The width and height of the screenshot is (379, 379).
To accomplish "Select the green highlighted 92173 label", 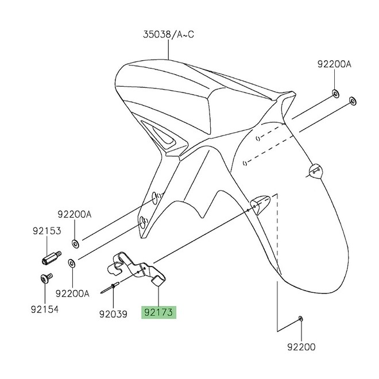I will pyautogui.click(x=160, y=312).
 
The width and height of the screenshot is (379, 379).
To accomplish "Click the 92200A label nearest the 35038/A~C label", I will pyautogui.click(x=334, y=65).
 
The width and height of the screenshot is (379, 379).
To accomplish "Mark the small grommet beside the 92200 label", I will pyautogui.click(x=301, y=318).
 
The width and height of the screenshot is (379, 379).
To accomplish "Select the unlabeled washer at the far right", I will pyautogui.click(x=353, y=102).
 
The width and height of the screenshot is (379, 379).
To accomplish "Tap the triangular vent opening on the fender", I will pyautogui.click(x=167, y=136).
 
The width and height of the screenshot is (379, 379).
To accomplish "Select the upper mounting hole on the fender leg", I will pyautogui.click(x=155, y=198).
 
